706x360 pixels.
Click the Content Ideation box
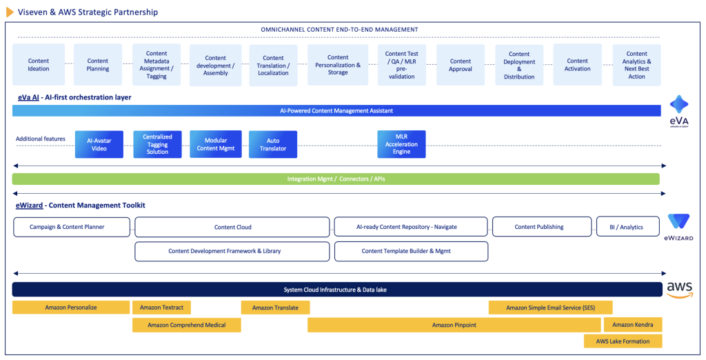point(39,65)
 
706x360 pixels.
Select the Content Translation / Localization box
point(273,66)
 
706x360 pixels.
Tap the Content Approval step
point(460,65)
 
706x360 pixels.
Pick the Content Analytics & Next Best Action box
point(636,65)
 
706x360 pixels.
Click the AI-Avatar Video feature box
point(99,144)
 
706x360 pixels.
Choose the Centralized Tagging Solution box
point(157,144)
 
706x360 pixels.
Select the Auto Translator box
point(273,144)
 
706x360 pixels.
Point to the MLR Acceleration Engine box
point(401,144)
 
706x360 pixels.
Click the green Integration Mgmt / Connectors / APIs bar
point(336,179)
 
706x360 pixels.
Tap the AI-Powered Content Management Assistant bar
point(336,110)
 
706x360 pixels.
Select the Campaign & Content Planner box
point(72,227)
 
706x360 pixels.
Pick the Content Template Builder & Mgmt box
point(411,251)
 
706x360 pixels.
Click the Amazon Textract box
point(161,308)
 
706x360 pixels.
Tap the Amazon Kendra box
point(632,325)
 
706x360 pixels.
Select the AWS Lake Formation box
point(622,341)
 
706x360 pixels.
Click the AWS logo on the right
point(679,290)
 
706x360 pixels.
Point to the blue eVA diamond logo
point(679,105)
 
